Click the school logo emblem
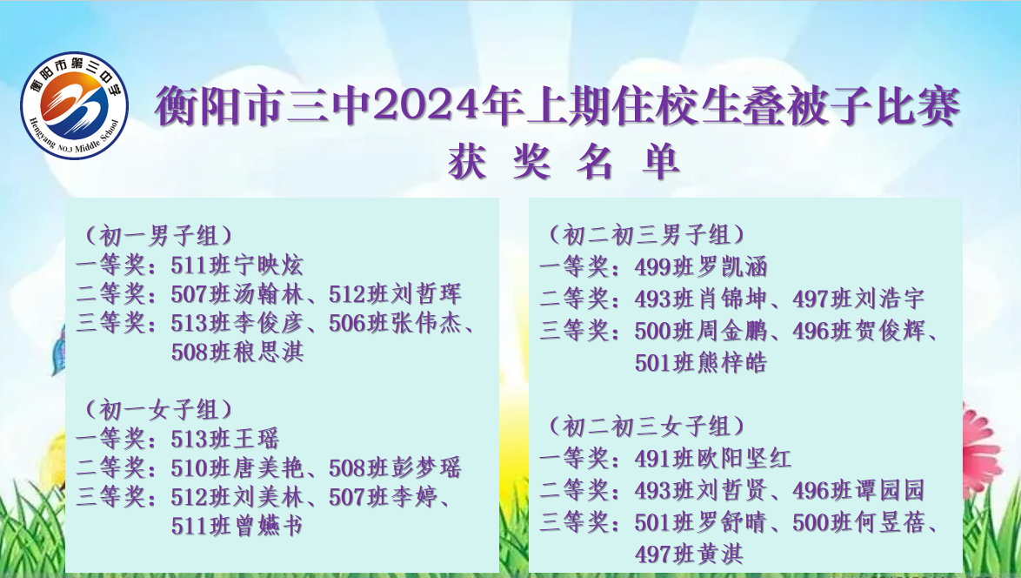74,105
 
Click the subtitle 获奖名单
563,162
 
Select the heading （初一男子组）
158,236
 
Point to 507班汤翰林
237,294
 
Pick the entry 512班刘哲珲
395,294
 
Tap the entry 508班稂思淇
237,352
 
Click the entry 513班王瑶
224,439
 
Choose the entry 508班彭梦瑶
395,467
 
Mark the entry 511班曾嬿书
237,526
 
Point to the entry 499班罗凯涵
701,266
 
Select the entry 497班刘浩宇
859,299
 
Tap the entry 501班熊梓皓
701,362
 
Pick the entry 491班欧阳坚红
713,459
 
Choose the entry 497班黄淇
689,554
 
